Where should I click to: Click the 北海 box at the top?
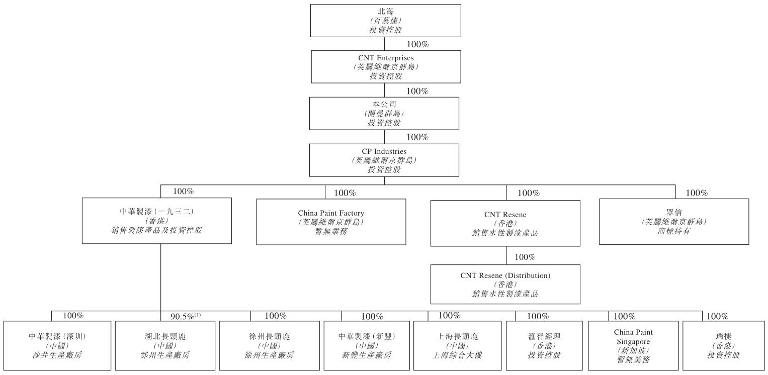click(x=385, y=21)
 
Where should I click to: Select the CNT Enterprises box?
click(x=386, y=66)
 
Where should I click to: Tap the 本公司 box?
click(x=384, y=113)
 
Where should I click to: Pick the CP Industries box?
click(x=384, y=160)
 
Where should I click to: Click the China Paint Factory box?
click(x=331, y=222)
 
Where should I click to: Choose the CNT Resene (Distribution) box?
click(x=505, y=284)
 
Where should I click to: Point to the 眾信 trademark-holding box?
click(x=674, y=221)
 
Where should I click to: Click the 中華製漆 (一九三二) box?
click(x=156, y=221)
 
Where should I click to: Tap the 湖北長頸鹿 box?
click(x=164, y=345)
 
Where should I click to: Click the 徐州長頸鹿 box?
click(x=269, y=345)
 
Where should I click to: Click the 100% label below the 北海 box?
click(x=417, y=45)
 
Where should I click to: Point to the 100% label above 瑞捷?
click(x=717, y=317)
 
